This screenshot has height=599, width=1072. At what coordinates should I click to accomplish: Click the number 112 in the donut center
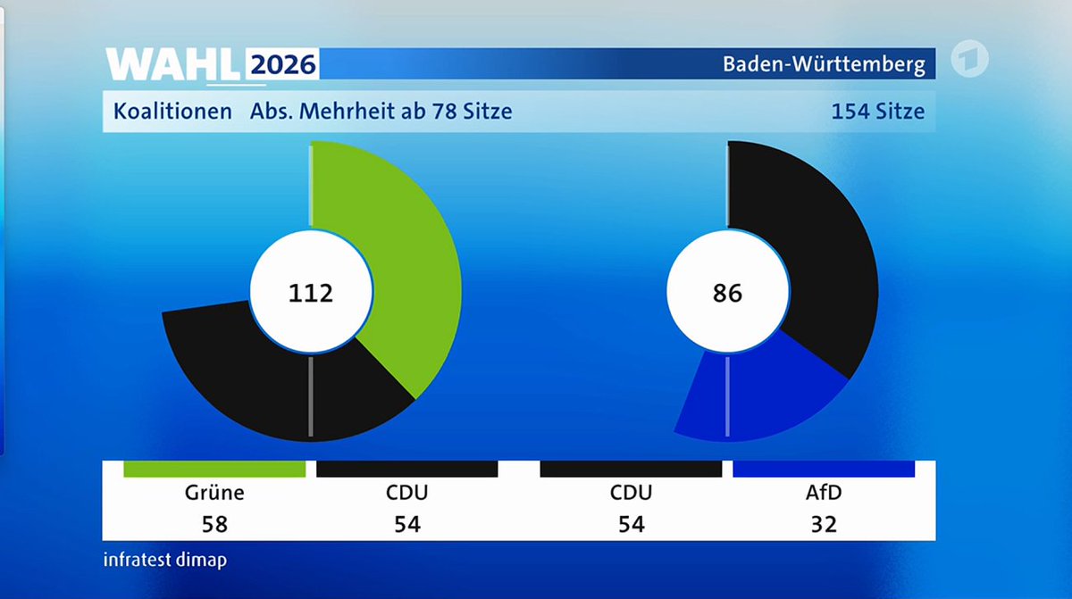coord(310,293)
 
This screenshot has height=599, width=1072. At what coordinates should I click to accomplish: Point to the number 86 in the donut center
coord(728,293)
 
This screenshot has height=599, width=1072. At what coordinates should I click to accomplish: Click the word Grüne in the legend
coord(214,493)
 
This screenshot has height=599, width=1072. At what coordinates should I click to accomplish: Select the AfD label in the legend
coord(824,493)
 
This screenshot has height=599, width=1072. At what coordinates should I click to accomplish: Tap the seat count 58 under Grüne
coord(214,524)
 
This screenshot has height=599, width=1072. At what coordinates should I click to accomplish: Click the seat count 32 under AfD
coord(824,524)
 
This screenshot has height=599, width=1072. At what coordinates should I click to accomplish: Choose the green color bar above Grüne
coord(214,469)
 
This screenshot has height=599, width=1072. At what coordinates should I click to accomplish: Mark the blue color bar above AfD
coord(824,469)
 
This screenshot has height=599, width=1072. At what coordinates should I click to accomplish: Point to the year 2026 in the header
coord(282,65)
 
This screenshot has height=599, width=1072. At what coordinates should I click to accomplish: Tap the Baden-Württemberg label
coord(823,65)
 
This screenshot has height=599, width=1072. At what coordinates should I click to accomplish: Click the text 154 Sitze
coord(877,112)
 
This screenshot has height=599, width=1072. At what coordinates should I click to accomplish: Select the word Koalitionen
coord(172,112)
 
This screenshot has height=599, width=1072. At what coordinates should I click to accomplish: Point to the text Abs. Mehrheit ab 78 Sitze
coord(381,112)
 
